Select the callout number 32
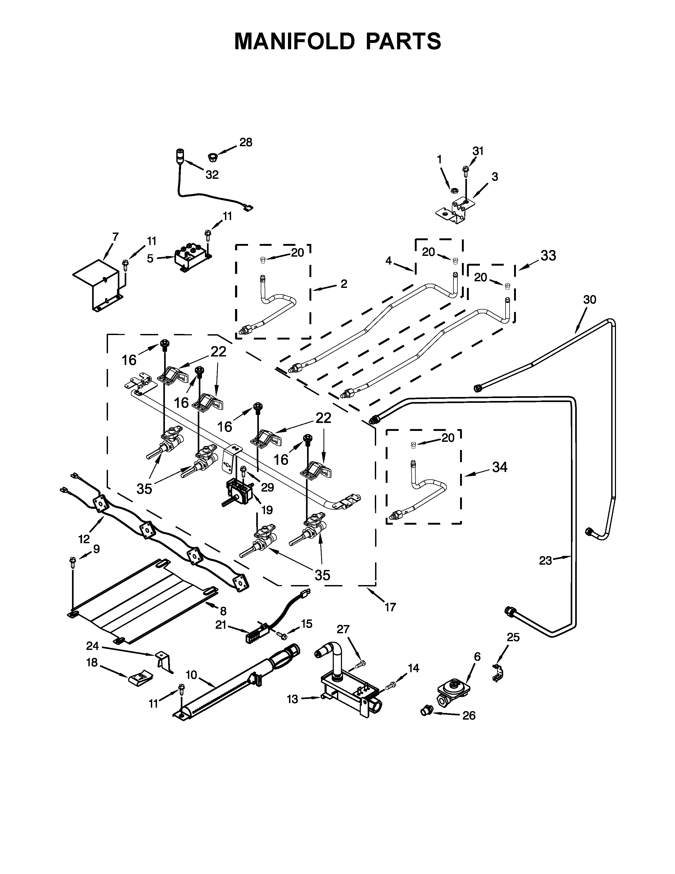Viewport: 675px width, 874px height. pyautogui.click(x=212, y=175)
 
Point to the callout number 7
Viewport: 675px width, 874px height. pyautogui.click(x=116, y=237)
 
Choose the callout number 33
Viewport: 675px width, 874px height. pyautogui.click(x=548, y=255)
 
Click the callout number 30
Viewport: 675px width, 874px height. pyautogui.click(x=589, y=299)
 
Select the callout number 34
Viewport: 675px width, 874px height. pyautogui.click(x=500, y=467)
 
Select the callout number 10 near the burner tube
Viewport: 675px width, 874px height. pyautogui.click(x=192, y=675)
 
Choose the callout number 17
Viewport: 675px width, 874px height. pyautogui.click(x=390, y=608)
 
